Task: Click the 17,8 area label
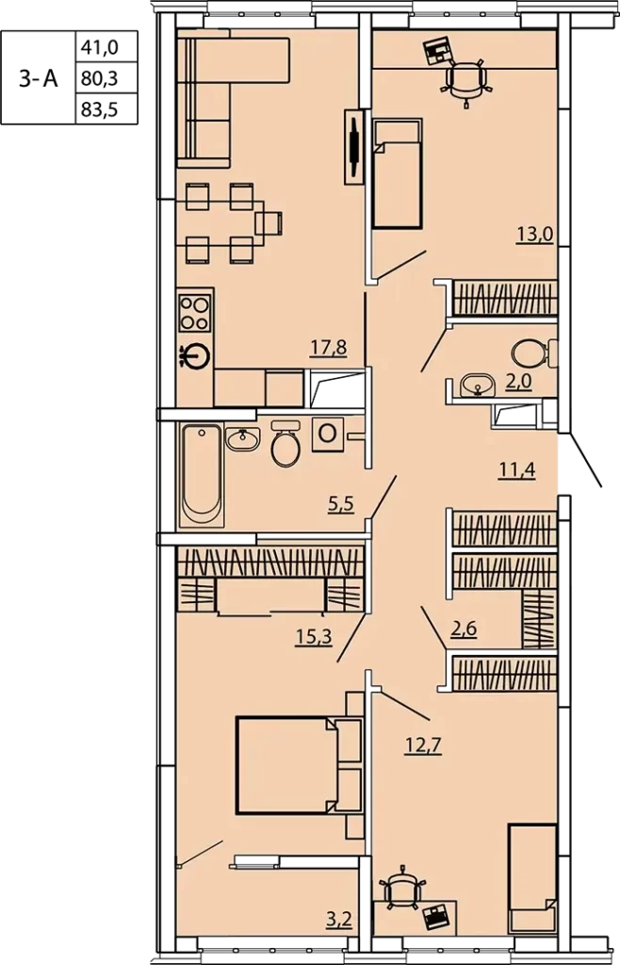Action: pos(328,349)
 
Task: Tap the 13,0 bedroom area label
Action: pos(535,235)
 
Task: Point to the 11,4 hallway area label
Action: pos(516,471)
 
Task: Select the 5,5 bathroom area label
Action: pos(341,506)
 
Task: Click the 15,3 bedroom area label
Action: pos(314,637)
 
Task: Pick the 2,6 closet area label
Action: pos(464,630)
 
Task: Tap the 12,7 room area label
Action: pos(424,745)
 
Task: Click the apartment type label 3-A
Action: pos(38,78)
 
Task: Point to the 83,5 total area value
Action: pos(99,110)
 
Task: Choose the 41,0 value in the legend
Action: pos(99,47)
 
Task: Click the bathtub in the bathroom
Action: pos(201,475)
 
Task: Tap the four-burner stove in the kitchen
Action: pos(195,313)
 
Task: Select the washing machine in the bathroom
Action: pos(328,433)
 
